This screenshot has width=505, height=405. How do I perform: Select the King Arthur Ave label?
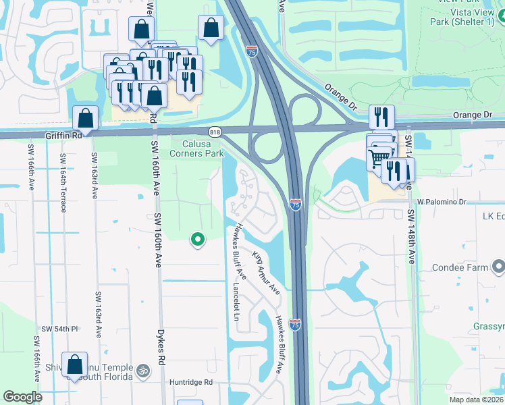266,272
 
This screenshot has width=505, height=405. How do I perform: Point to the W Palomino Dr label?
442,201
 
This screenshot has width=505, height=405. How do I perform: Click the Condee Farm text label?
461,267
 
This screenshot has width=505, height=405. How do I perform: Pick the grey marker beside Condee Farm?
498,267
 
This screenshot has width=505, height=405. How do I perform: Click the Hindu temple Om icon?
142,371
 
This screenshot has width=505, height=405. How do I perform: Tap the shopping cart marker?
380,157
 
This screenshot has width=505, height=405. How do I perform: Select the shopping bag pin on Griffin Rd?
86,119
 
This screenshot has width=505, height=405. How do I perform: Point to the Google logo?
23,397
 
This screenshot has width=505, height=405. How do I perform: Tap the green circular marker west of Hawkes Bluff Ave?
198,238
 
